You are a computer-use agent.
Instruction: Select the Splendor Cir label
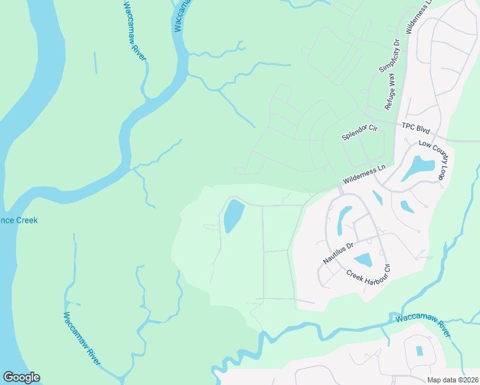(360, 133)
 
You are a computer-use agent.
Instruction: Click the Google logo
(21, 377)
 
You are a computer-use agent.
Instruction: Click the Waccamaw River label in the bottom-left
(81, 339)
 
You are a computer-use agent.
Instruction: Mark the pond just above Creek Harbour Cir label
(363, 260)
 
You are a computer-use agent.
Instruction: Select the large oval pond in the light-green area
(233, 216)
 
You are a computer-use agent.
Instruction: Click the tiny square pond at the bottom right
(420, 351)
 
